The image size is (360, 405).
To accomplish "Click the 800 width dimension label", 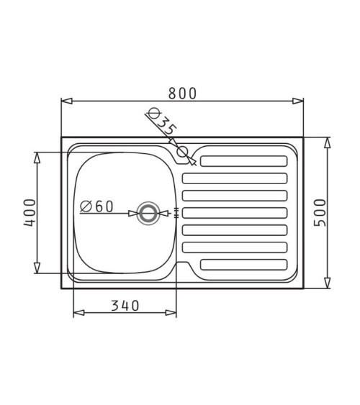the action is tap(182, 94).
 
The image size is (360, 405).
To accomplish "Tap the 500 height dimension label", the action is tap(320, 213).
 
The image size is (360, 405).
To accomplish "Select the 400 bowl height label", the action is tap(30, 213).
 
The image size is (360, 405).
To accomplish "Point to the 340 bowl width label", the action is tap(125, 306).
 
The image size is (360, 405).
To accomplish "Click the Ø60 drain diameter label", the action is tap(96, 206).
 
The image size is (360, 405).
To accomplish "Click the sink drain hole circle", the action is tap(148, 214).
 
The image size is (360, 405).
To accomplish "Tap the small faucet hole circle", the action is tap(182, 152).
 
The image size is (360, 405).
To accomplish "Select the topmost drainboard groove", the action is tap(243, 161).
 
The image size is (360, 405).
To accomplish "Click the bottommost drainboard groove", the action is tap(243, 265).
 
